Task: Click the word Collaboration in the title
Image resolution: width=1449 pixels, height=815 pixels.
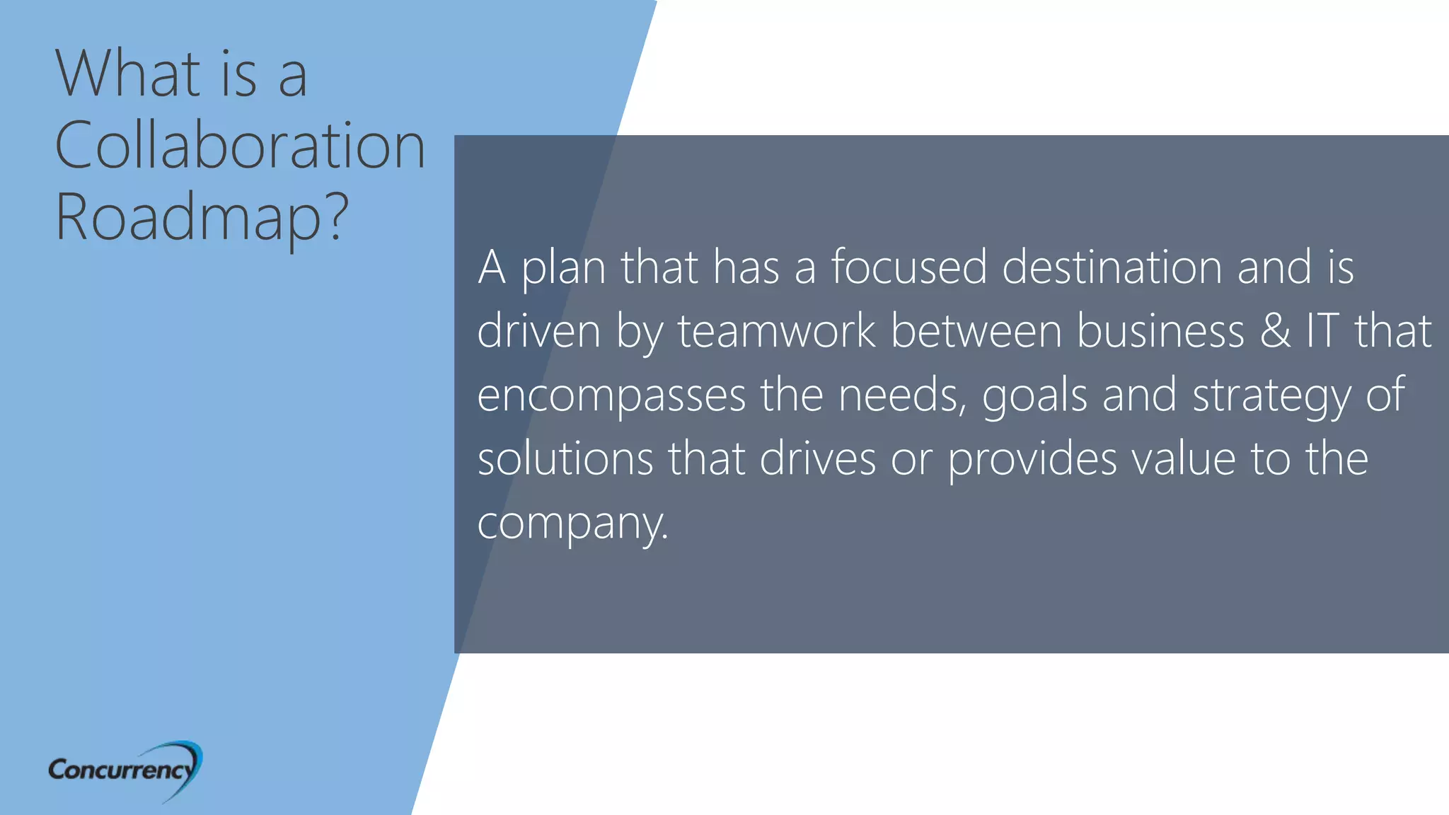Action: [240, 145]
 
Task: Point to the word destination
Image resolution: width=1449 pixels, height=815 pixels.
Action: [1112, 267]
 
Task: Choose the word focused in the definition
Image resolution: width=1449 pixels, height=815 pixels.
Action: [908, 267]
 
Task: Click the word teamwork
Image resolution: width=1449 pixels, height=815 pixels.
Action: [776, 331]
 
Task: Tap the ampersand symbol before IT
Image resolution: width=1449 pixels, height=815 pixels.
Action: [1275, 331]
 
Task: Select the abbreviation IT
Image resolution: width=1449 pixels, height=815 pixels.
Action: [1322, 331]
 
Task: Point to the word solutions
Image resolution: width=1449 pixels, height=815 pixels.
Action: [565, 458]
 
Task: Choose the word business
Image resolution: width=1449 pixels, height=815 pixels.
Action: [1160, 331]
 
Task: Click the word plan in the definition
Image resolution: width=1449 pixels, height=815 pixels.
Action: [563, 269]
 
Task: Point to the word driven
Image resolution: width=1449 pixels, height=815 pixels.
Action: [538, 331]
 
